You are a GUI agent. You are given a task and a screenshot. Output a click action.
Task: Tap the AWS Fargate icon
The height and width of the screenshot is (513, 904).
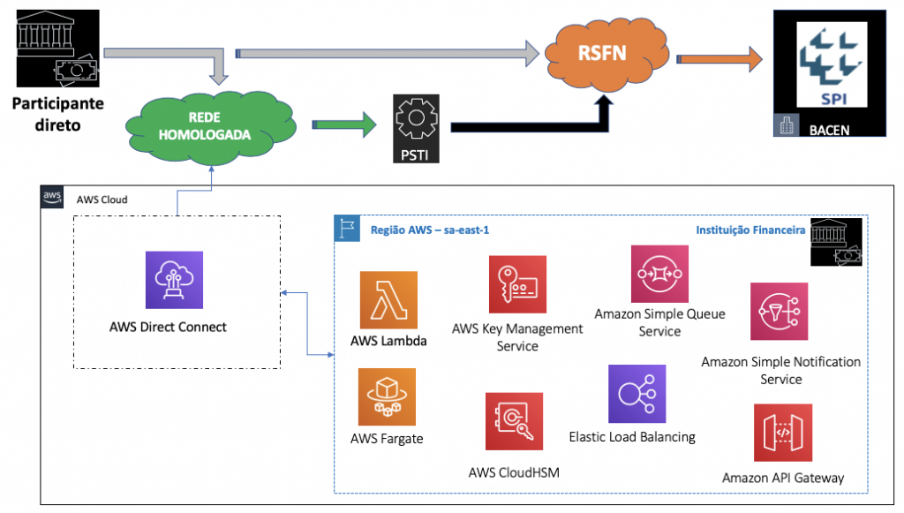tap(387, 397)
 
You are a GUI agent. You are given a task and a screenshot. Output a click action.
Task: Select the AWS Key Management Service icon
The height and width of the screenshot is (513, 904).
tap(517, 284)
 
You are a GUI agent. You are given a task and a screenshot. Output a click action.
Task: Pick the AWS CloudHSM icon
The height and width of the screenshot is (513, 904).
tap(514, 421)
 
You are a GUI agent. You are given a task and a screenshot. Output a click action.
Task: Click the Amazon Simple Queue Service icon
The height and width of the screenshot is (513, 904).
tap(659, 274)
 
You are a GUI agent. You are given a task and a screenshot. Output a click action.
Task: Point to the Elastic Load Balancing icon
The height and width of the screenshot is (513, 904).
tap(637, 394)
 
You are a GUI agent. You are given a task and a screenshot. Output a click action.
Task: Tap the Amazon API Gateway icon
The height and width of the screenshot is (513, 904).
tap(782, 433)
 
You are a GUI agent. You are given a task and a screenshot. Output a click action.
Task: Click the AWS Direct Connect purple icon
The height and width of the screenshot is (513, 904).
tap(174, 280)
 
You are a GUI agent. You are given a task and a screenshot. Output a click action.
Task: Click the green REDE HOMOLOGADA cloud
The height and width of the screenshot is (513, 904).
tap(206, 126)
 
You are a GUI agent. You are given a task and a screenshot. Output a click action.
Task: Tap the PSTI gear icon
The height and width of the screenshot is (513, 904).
tap(416, 124)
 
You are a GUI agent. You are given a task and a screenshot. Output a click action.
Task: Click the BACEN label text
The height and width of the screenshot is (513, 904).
tap(832, 129)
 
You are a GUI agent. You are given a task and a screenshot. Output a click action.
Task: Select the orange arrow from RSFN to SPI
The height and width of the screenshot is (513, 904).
tap(719, 59)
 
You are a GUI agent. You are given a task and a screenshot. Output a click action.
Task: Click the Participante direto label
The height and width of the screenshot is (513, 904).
tap(57, 114)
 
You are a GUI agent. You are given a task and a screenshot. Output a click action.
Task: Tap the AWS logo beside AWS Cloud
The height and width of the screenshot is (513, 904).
tap(53, 198)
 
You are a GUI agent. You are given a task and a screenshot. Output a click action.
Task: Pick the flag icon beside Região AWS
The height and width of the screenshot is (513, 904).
tap(345, 229)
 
